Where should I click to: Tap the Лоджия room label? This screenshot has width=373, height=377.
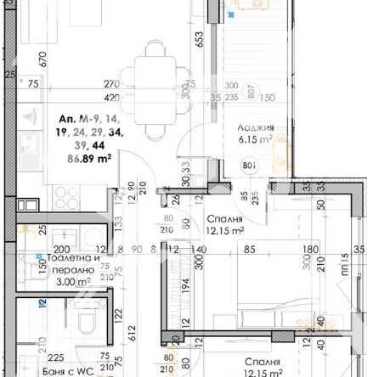(256, 127)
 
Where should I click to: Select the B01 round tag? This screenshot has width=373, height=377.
(250, 166)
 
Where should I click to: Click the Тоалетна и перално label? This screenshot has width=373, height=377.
(73, 258)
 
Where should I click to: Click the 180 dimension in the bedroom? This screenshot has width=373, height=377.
(312, 250)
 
